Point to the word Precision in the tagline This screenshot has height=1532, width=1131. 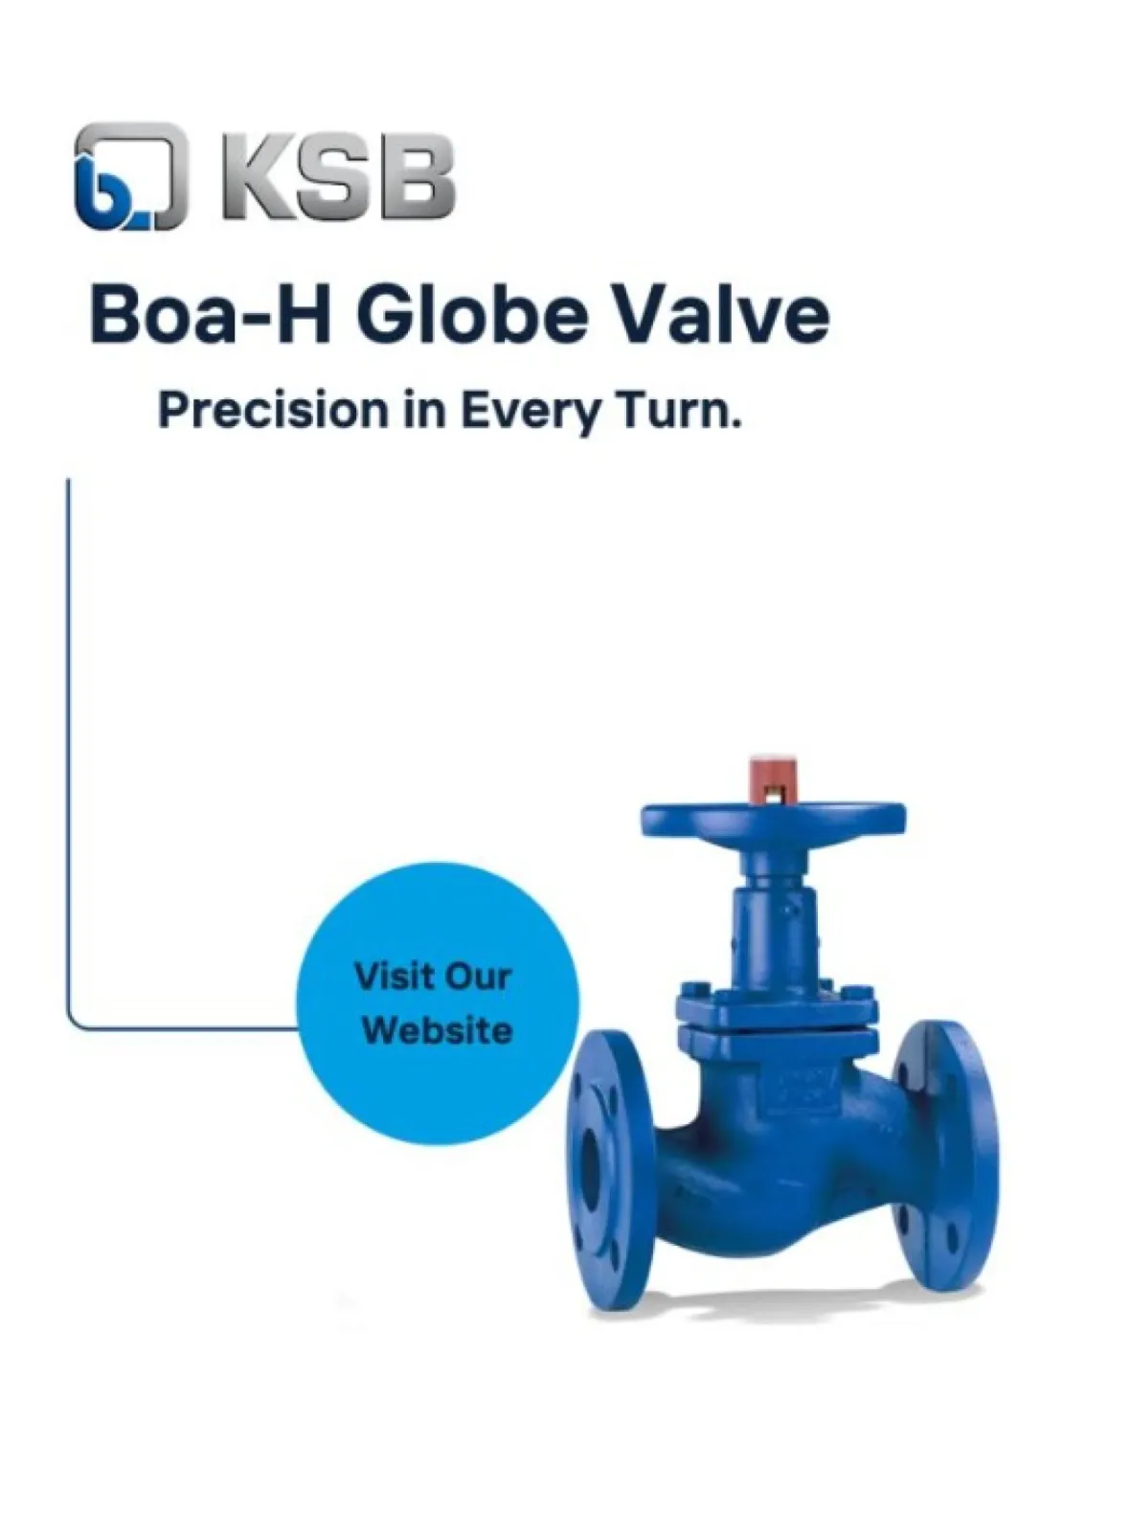[x=274, y=410]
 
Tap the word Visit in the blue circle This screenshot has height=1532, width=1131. [x=393, y=977]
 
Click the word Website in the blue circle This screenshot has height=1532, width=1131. [x=438, y=1031]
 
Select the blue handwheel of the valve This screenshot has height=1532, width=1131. [x=773, y=820]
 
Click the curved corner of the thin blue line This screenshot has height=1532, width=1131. [x=73, y=1023]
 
